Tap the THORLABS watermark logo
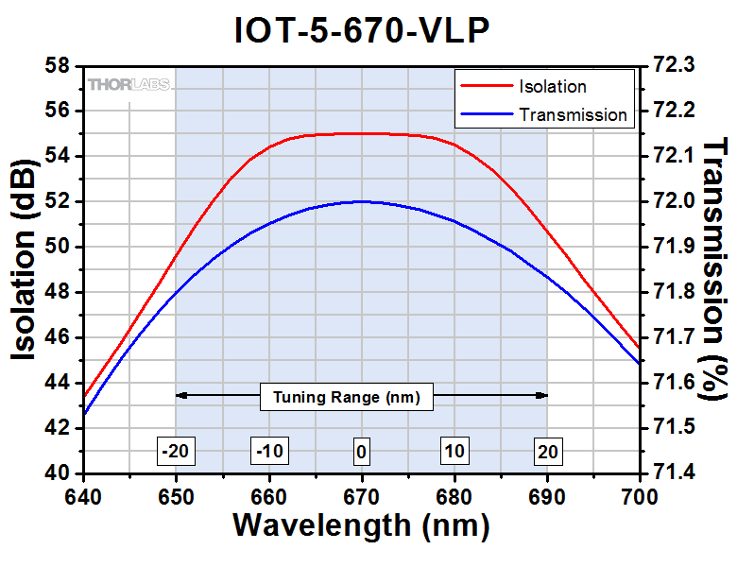coord(129,85)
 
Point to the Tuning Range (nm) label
coord(347,397)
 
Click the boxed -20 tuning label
coord(175,452)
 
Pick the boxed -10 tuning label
coord(268,452)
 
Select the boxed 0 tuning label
coord(361,452)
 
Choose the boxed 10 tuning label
coord(454,452)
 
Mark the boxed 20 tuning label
coord(547,452)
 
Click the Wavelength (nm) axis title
coord(361,525)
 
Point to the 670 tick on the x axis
coord(361,495)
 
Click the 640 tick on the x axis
coord(83,495)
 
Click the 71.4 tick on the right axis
coord(675,473)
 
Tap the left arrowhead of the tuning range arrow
coord(180,395)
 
